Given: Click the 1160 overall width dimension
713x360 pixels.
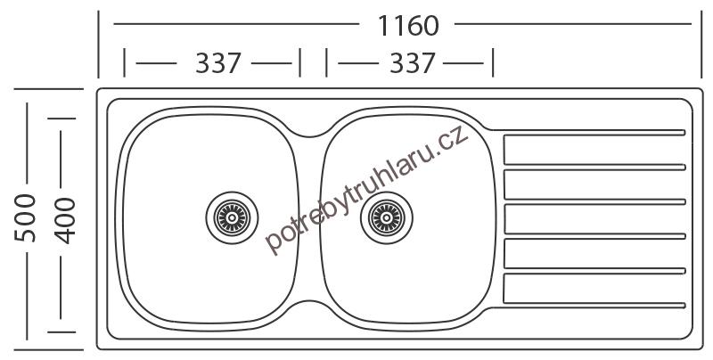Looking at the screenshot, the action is (x=408, y=26).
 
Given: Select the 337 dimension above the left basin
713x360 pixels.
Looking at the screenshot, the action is (x=218, y=63).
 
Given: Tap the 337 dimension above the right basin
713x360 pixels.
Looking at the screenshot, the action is (x=413, y=63).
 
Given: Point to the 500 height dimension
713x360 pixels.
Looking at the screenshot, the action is (x=25, y=217).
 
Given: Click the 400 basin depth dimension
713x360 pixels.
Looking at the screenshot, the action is (x=64, y=220).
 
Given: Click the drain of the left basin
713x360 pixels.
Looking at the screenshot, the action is (x=232, y=217).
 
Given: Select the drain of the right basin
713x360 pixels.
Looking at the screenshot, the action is (x=387, y=217).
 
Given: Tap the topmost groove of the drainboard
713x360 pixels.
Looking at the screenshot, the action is (x=594, y=133).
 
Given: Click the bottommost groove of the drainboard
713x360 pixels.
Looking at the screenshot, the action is (x=594, y=306).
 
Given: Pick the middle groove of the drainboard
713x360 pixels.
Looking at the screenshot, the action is (x=594, y=201).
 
